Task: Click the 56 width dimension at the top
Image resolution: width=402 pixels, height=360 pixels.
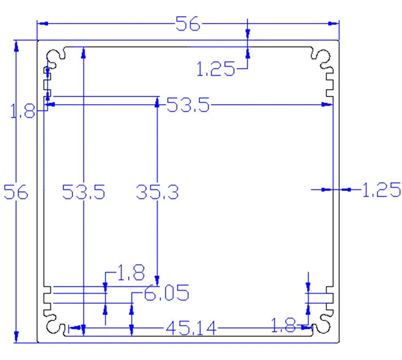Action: [187, 24]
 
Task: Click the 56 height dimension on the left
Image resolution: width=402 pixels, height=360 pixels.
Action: [16, 192]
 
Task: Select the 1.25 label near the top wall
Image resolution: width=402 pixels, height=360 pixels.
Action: [215, 69]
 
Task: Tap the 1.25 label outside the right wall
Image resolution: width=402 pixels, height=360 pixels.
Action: [381, 189]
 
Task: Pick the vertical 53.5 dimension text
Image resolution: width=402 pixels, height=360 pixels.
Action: [83, 192]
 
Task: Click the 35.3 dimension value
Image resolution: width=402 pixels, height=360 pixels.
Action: [157, 192]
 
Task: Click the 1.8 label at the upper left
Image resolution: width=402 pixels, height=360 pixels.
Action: [22, 112]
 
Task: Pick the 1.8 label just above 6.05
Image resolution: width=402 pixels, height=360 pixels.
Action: [130, 274]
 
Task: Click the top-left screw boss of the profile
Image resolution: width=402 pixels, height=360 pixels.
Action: [55, 57]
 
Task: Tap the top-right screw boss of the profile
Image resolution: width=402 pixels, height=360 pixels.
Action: [322, 57]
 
